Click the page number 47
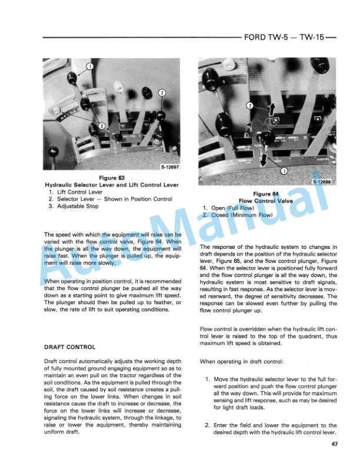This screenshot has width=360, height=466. [x=334, y=444]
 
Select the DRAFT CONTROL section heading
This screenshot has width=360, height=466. [x=70, y=347]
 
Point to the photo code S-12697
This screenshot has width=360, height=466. [x=169, y=167]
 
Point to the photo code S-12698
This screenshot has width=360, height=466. [x=322, y=182]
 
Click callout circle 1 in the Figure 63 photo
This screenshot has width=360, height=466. [x=89, y=67]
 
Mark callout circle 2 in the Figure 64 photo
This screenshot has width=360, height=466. [x=249, y=106]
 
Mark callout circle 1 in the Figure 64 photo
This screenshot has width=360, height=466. [x=284, y=171]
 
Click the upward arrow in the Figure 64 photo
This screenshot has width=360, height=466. [x=272, y=108]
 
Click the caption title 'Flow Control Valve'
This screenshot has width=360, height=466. [x=266, y=201]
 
